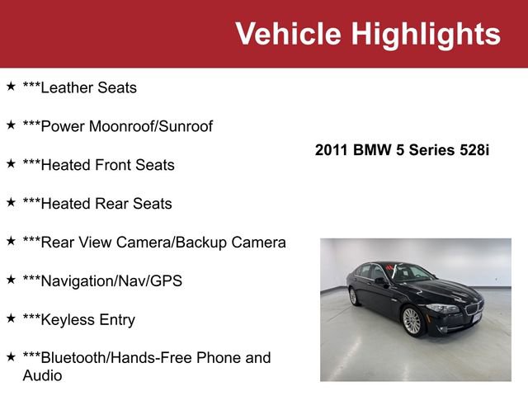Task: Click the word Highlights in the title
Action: pyautogui.click(x=426, y=34)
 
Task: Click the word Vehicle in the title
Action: pyautogui.click(x=288, y=34)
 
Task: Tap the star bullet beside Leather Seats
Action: pyautogui.click(x=11, y=86)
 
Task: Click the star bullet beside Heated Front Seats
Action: pyautogui.click(x=11, y=163)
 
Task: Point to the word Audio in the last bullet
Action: pyautogui.click(x=42, y=375)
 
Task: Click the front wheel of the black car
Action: pyautogui.click(x=412, y=320)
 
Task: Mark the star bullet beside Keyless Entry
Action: pyautogui.click(x=11, y=318)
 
